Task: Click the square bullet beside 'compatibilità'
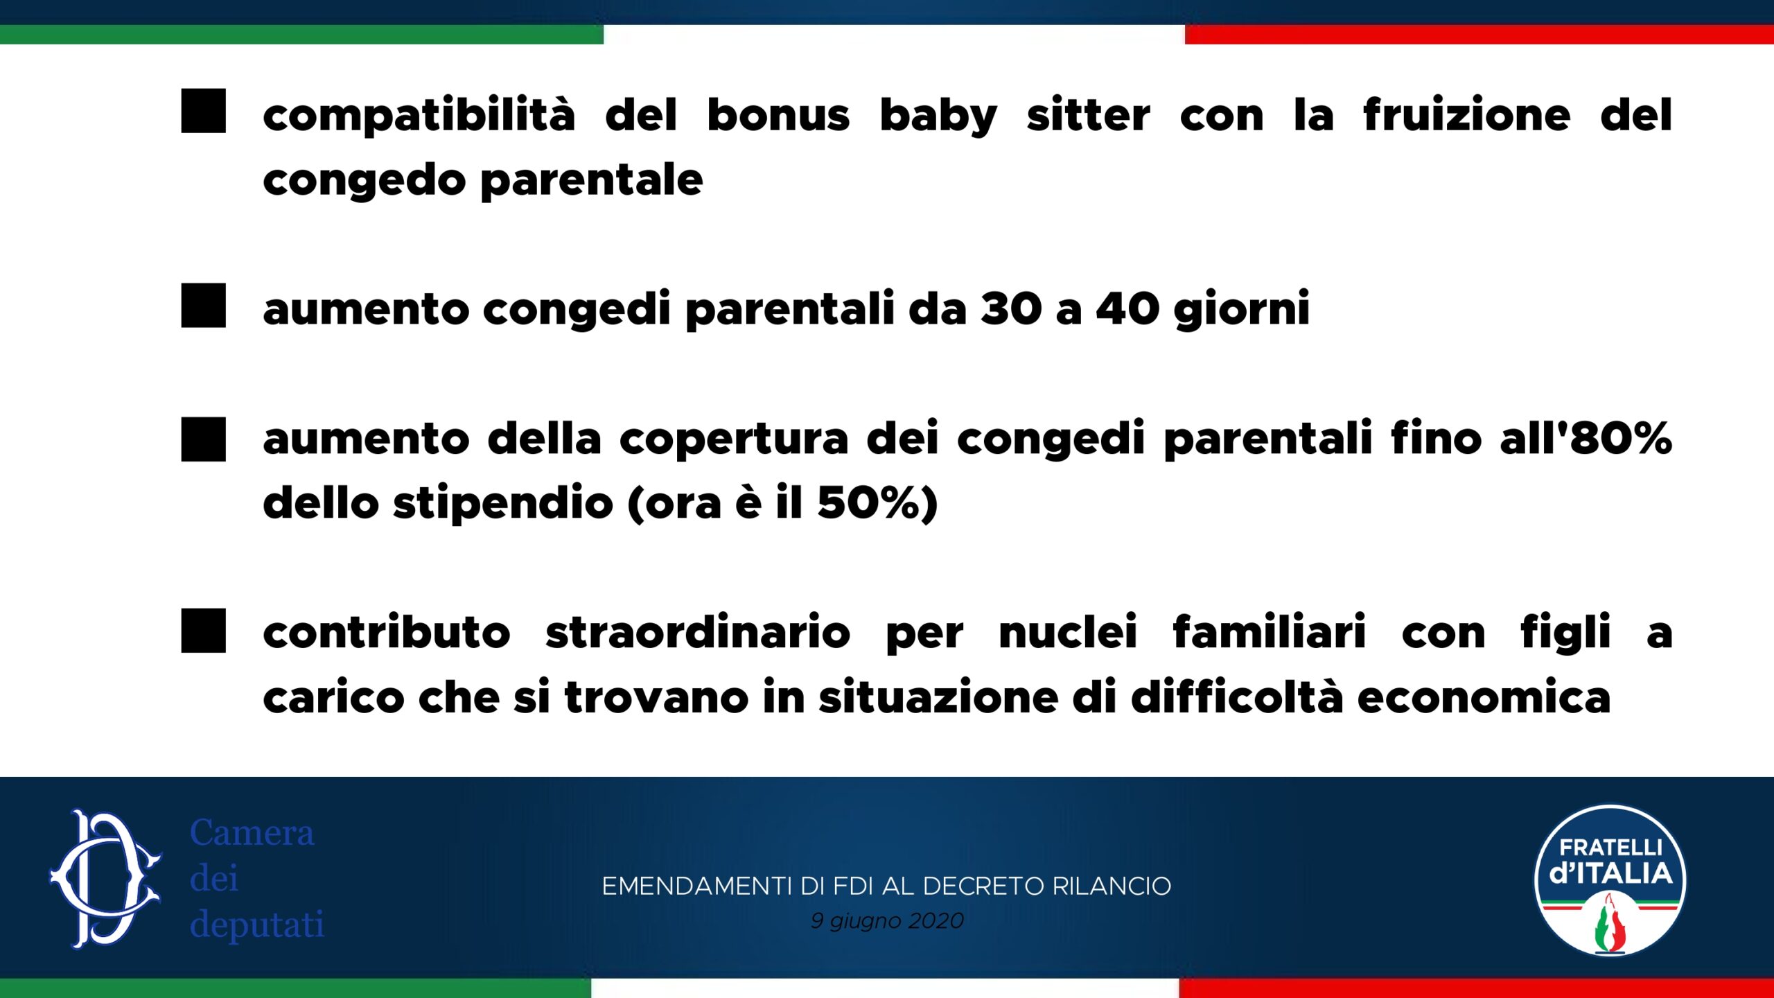point(203,110)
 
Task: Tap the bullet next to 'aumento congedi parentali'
point(203,305)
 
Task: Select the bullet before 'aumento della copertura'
point(203,439)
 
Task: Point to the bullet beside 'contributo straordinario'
point(203,631)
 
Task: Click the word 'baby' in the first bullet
point(938,116)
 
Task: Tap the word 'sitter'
point(1088,114)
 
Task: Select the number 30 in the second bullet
point(1011,308)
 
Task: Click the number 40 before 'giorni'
point(1127,308)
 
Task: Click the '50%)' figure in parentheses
point(877,502)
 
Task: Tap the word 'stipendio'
point(503,504)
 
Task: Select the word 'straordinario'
point(698,632)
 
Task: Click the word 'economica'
point(1484,697)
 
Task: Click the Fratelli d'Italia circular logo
point(1610,880)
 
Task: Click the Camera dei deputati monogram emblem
point(105,879)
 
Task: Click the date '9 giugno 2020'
point(887,920)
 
